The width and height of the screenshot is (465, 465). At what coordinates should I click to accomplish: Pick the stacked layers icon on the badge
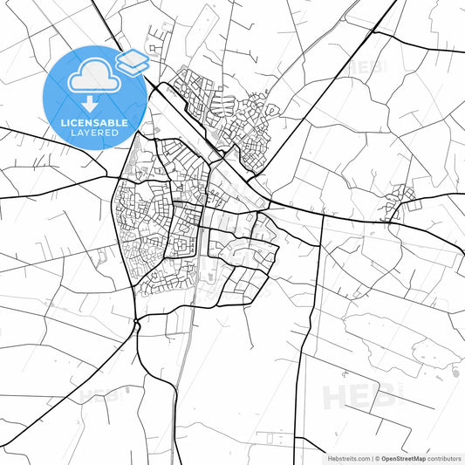(133, 61)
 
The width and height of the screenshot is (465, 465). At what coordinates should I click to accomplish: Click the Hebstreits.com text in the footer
(346, 457)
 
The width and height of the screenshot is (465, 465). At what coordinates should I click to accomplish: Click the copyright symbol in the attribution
(378, 457)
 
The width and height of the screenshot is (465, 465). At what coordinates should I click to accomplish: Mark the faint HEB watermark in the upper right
(366, 65)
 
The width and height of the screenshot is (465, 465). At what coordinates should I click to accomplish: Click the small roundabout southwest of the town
(137, 325)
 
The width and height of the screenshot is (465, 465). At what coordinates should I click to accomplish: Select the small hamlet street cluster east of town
(402, 200)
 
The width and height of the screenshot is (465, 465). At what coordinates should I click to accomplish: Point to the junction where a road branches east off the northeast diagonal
(374, 32)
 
